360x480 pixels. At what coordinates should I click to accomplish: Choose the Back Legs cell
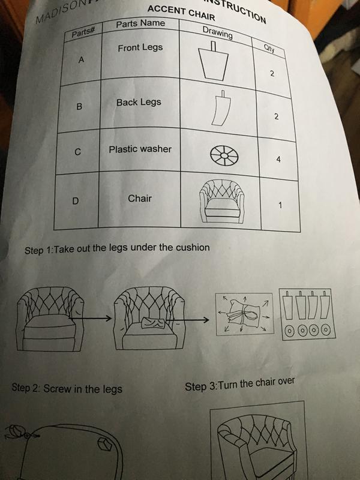tap(139, 103)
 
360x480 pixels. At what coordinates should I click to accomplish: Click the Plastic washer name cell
tap(140, 149)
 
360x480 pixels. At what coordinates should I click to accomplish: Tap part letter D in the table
tap(76, 200)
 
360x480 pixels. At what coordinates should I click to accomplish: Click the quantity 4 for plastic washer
tap(278, 160)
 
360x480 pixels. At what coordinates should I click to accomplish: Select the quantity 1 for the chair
tap(280, 206)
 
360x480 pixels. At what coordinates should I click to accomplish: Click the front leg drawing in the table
tap(215, 62)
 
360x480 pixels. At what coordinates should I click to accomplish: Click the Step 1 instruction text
tap(116, 248)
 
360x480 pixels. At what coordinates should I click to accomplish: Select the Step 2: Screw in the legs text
tap(67, 388)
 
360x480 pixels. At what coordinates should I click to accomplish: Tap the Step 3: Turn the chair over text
tap(240, 385)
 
